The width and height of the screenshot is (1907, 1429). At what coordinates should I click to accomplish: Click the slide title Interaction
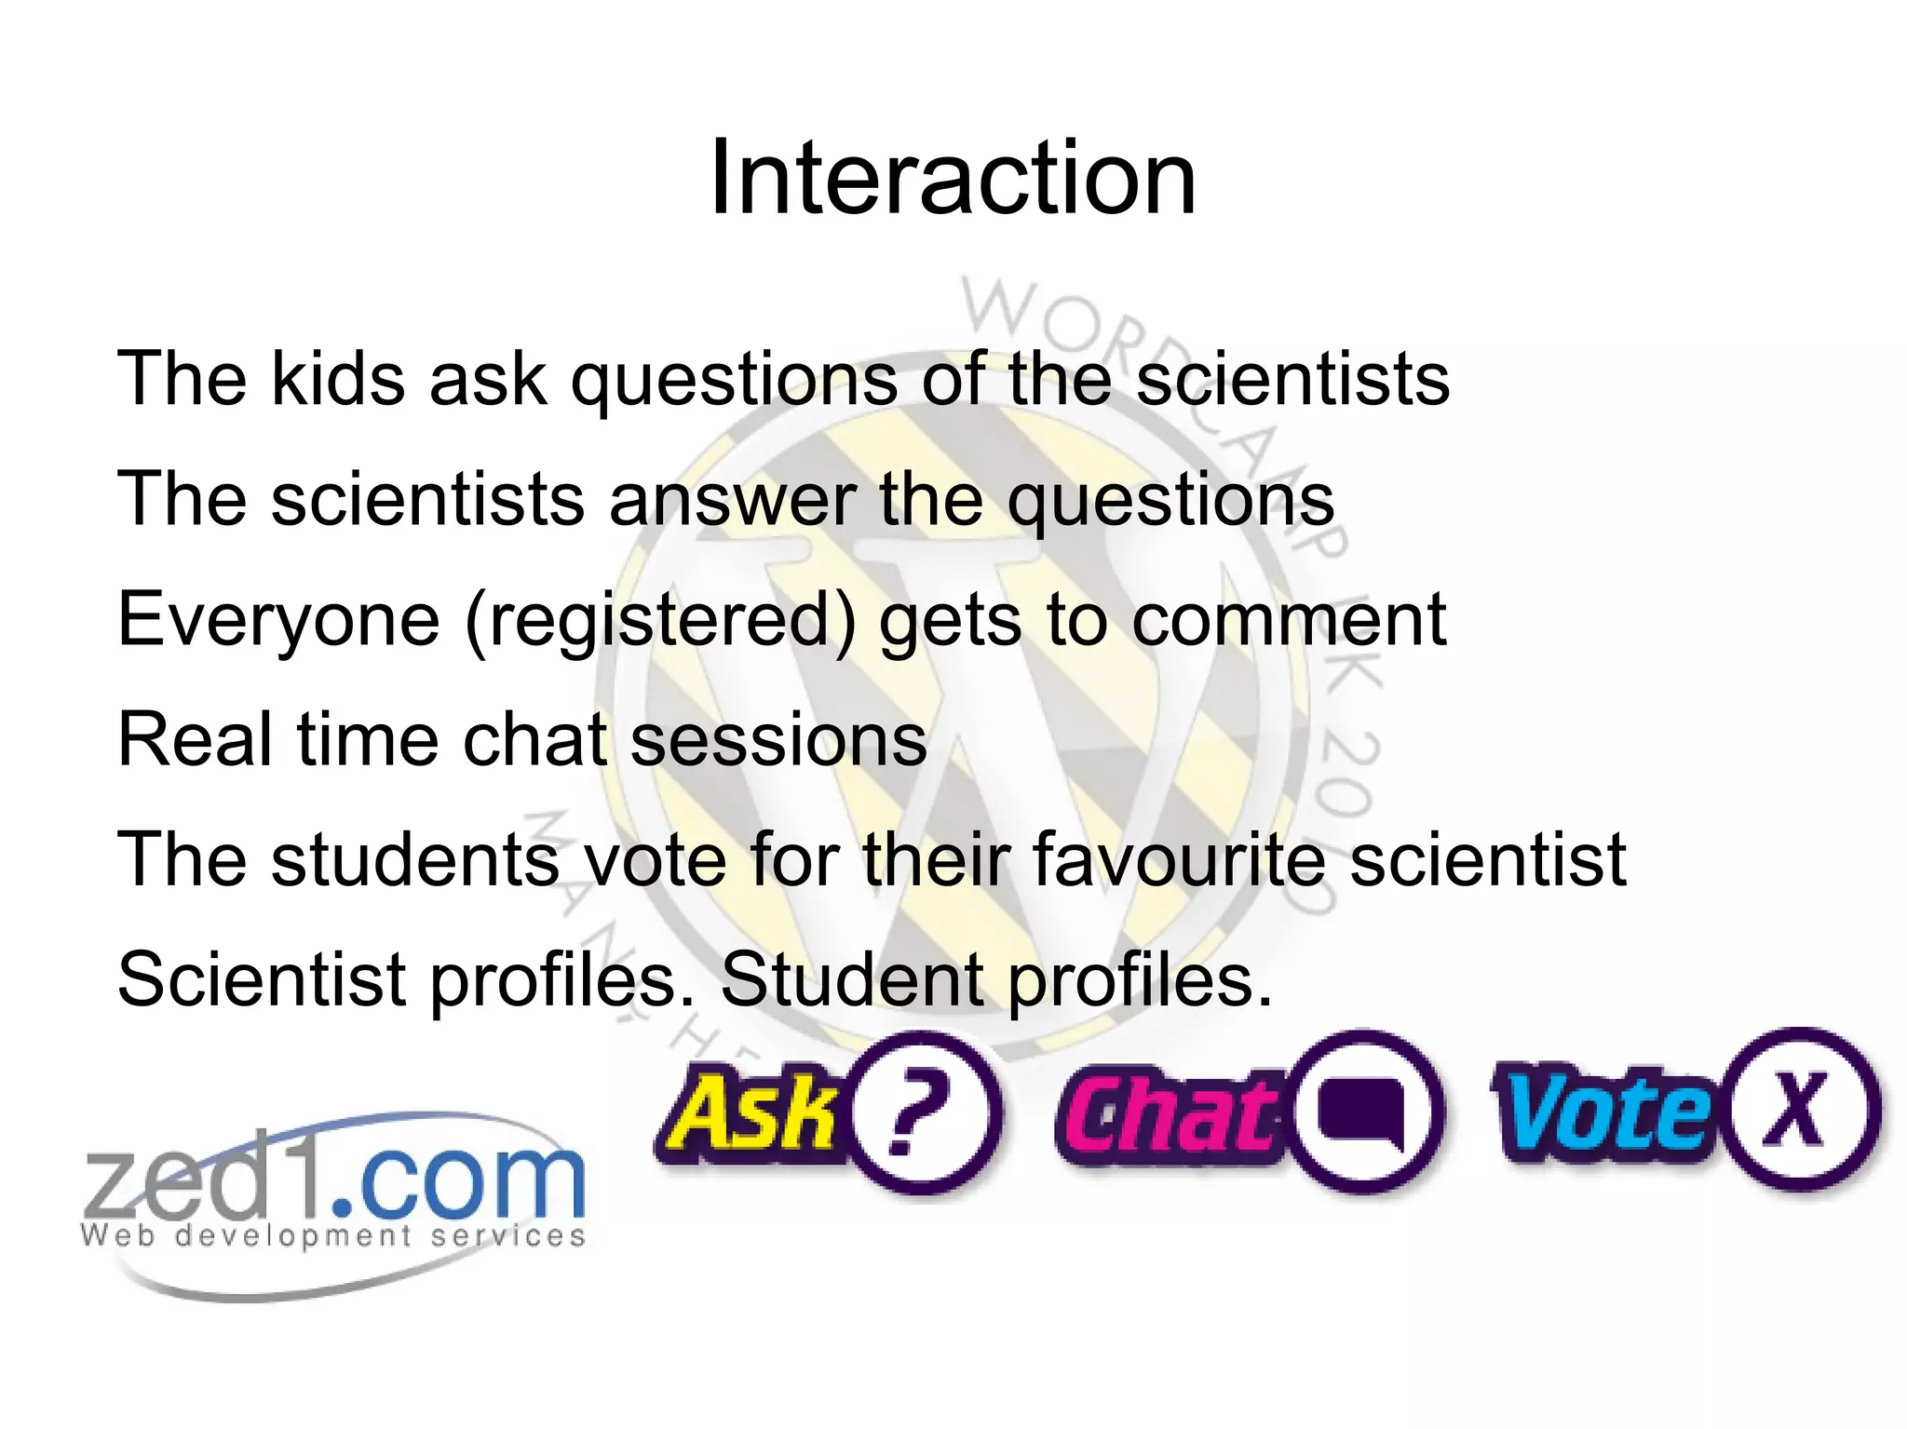tap(952, 178)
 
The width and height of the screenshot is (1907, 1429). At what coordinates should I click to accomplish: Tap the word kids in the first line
tap(338, 379)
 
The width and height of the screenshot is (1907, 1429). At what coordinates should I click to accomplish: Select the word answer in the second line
tap(733, 499)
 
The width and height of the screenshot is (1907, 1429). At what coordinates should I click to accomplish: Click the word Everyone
tap(278, 620)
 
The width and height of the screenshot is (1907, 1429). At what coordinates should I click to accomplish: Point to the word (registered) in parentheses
tap(660, 620)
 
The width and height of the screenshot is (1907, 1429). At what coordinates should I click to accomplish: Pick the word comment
tap(1289, 620)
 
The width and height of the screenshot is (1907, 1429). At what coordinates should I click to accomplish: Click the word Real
tap(196, 739)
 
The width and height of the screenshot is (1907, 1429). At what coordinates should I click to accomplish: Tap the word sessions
tap(778, 739)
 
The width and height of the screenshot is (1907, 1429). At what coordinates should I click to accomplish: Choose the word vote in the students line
tap(655, 859)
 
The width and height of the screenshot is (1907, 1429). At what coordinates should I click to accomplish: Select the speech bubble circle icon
tap(1362, 1112)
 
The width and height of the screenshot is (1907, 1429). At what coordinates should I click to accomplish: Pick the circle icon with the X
tap(1798, 1110)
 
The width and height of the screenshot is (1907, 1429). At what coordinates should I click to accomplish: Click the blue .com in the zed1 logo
tap(458, 1180)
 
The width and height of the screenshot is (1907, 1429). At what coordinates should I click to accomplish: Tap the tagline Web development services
tap(333, 1236)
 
